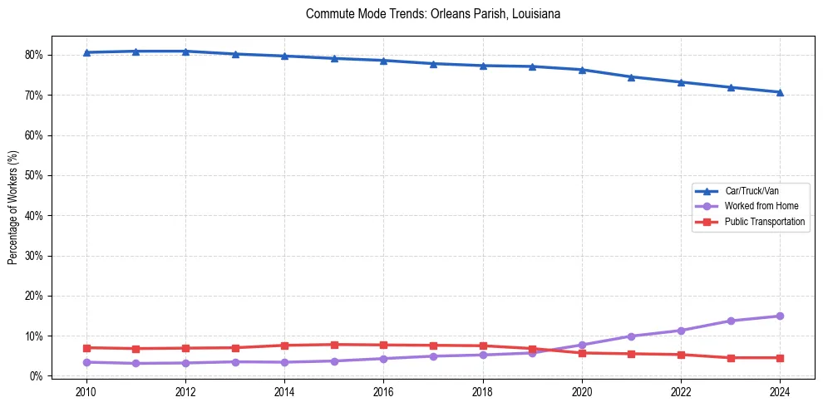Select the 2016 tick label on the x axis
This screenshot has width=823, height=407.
(x=383, y=391)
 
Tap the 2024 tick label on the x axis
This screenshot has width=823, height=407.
(x=780, y=391)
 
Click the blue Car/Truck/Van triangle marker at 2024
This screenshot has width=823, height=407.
(x=780, y=92)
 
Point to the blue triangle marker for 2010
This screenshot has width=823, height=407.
(x=86, y=52)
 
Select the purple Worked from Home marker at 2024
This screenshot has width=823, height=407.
(x=780, y=316)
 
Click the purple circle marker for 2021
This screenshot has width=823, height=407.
(x=631, y=336)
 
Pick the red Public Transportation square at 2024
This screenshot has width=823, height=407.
(x=780, y=358)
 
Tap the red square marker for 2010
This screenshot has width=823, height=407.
(x=86, y=348)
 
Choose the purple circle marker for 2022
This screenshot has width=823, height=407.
(x=681, y=331)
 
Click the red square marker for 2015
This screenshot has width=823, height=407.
(x=334, y=345)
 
